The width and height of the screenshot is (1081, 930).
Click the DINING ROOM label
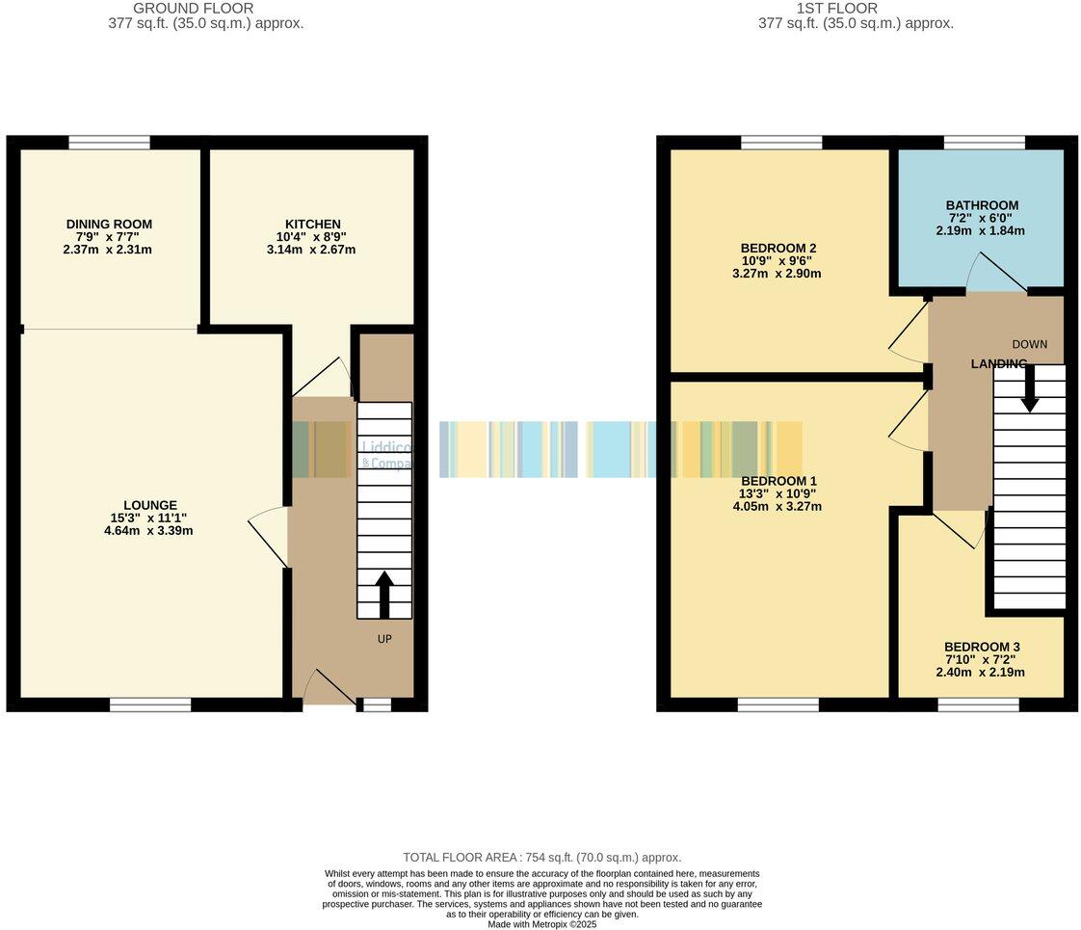pyautogui.click(x=109, y=224)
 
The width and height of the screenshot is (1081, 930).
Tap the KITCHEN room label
pyautogui.click(x=312, y=224)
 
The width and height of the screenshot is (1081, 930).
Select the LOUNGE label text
pyautogui.click(x=149, y=504)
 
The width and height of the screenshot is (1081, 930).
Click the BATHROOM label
pyautogui.click(x=982, y=205)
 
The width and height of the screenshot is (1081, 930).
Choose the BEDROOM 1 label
pyautogui.click(x=778, y=481)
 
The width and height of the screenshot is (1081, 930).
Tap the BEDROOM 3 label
pyautogui.click(x=981, y=647)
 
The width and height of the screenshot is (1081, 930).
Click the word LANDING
pyautogui.click(x=998, y=363)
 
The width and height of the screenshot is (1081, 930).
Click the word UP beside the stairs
pyautogui.click(x=383, y=638)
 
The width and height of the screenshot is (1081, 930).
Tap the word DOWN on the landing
pyautogui.click(x=1029, y=344)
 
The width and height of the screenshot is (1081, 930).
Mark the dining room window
pyautogui.click(x=109, y=143)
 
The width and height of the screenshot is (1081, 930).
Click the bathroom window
pyautogui.click(x=984, y=143)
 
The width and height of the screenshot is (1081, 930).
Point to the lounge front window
pyautogui.click(x=149, y=705)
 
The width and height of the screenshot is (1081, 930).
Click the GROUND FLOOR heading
pyautogui.click(x=205, y=9)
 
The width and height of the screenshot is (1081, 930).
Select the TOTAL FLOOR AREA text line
pyautogui.click(x=541, y=857)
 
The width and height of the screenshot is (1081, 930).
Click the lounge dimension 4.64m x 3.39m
pyautogui.click(x=148, y=530)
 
